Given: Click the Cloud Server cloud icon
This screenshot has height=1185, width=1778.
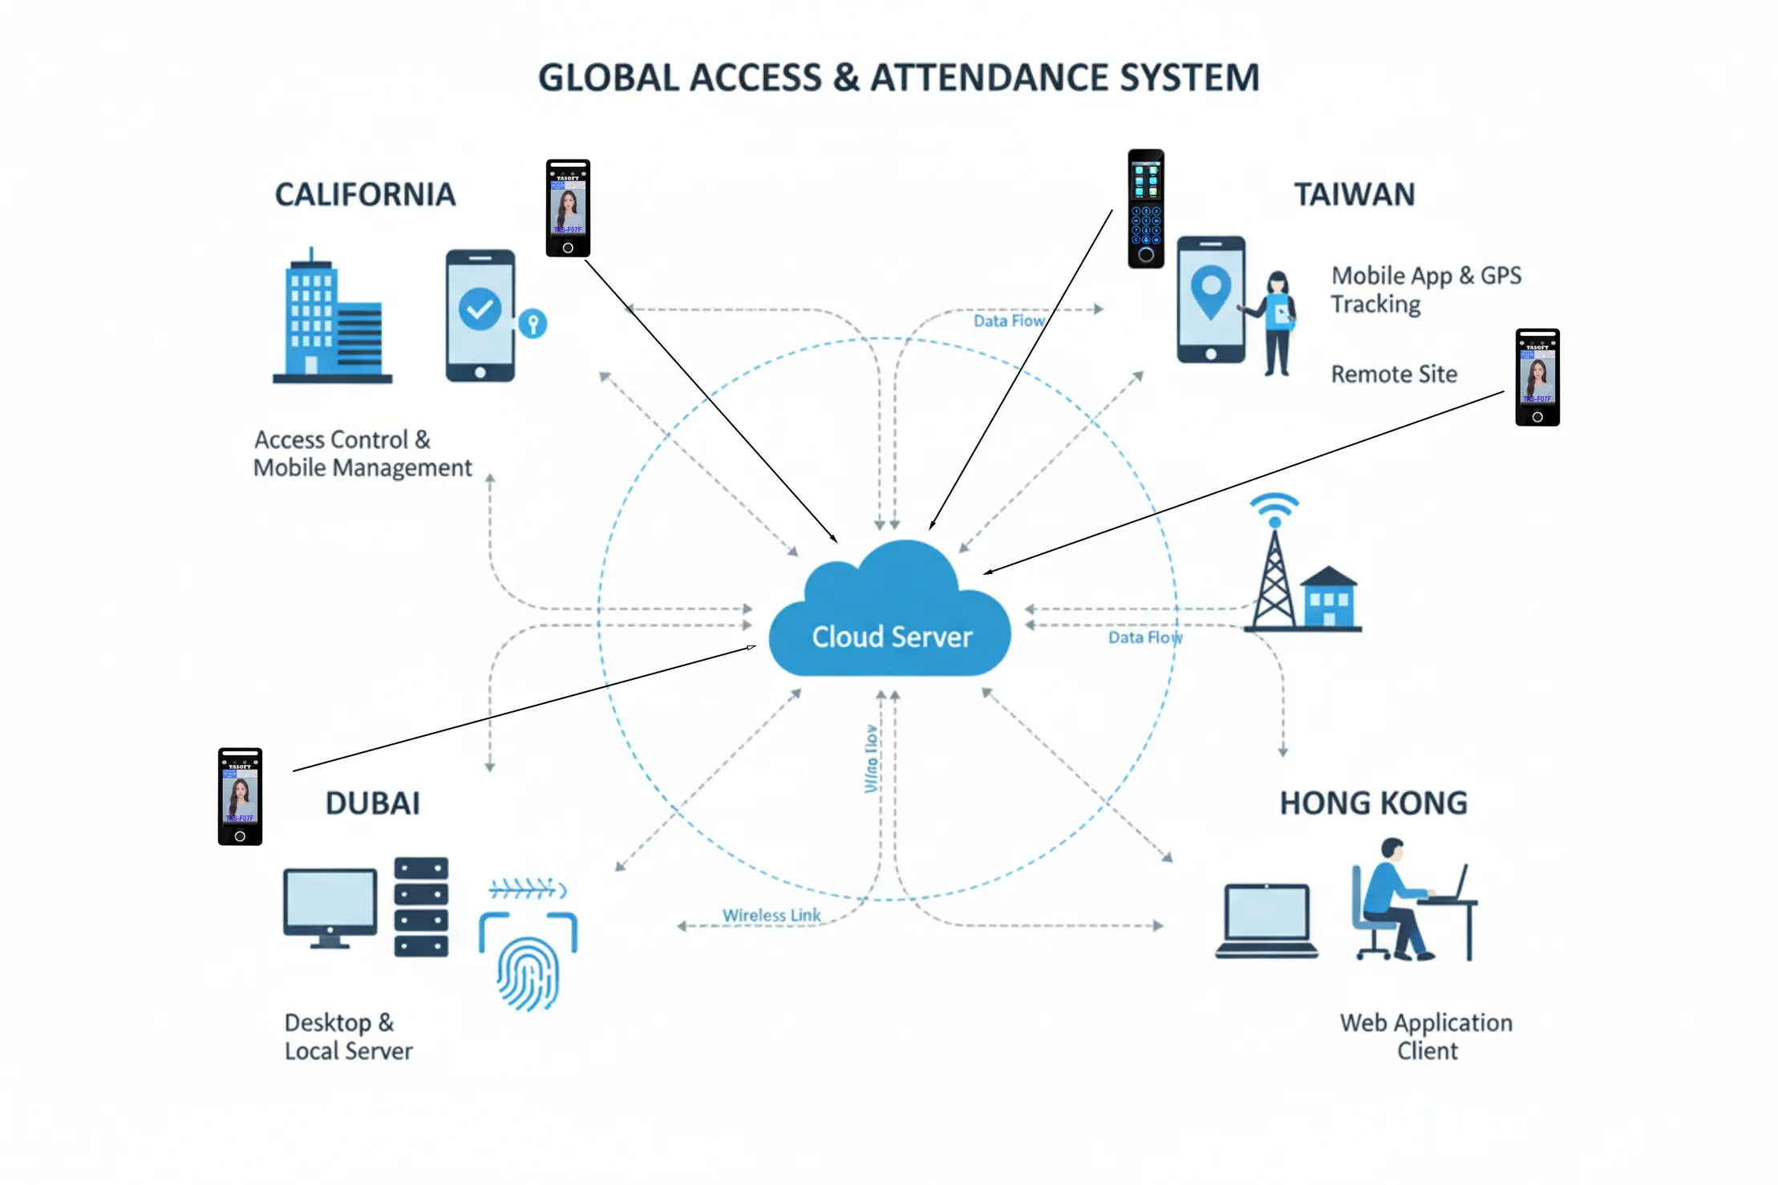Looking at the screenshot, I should (x=890, y=613).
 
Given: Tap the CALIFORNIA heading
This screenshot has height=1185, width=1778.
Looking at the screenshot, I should (x=365, y=195).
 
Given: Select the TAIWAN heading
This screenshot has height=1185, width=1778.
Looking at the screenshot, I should (x=1354, y=195).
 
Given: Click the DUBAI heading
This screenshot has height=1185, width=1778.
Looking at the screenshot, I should (x=372, y=803).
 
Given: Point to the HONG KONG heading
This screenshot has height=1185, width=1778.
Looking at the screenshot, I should (x=1373, y=803).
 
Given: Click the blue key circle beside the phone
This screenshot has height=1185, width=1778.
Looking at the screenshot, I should (x=533, y=323).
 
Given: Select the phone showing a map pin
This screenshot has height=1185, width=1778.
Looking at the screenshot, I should (x=1210, y=299).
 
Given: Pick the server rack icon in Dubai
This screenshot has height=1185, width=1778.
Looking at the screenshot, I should (x=421, y=906).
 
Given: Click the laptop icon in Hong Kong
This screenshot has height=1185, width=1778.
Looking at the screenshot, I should (x=1266, y=920).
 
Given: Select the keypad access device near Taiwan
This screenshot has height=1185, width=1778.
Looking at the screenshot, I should (x=1145, y=208).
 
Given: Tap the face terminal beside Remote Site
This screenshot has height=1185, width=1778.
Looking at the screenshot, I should (x=1537, y=377).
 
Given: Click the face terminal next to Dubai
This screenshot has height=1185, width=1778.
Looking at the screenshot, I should (x=240, y=796).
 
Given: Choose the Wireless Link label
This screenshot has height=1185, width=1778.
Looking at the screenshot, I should (x=771, y=915).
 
